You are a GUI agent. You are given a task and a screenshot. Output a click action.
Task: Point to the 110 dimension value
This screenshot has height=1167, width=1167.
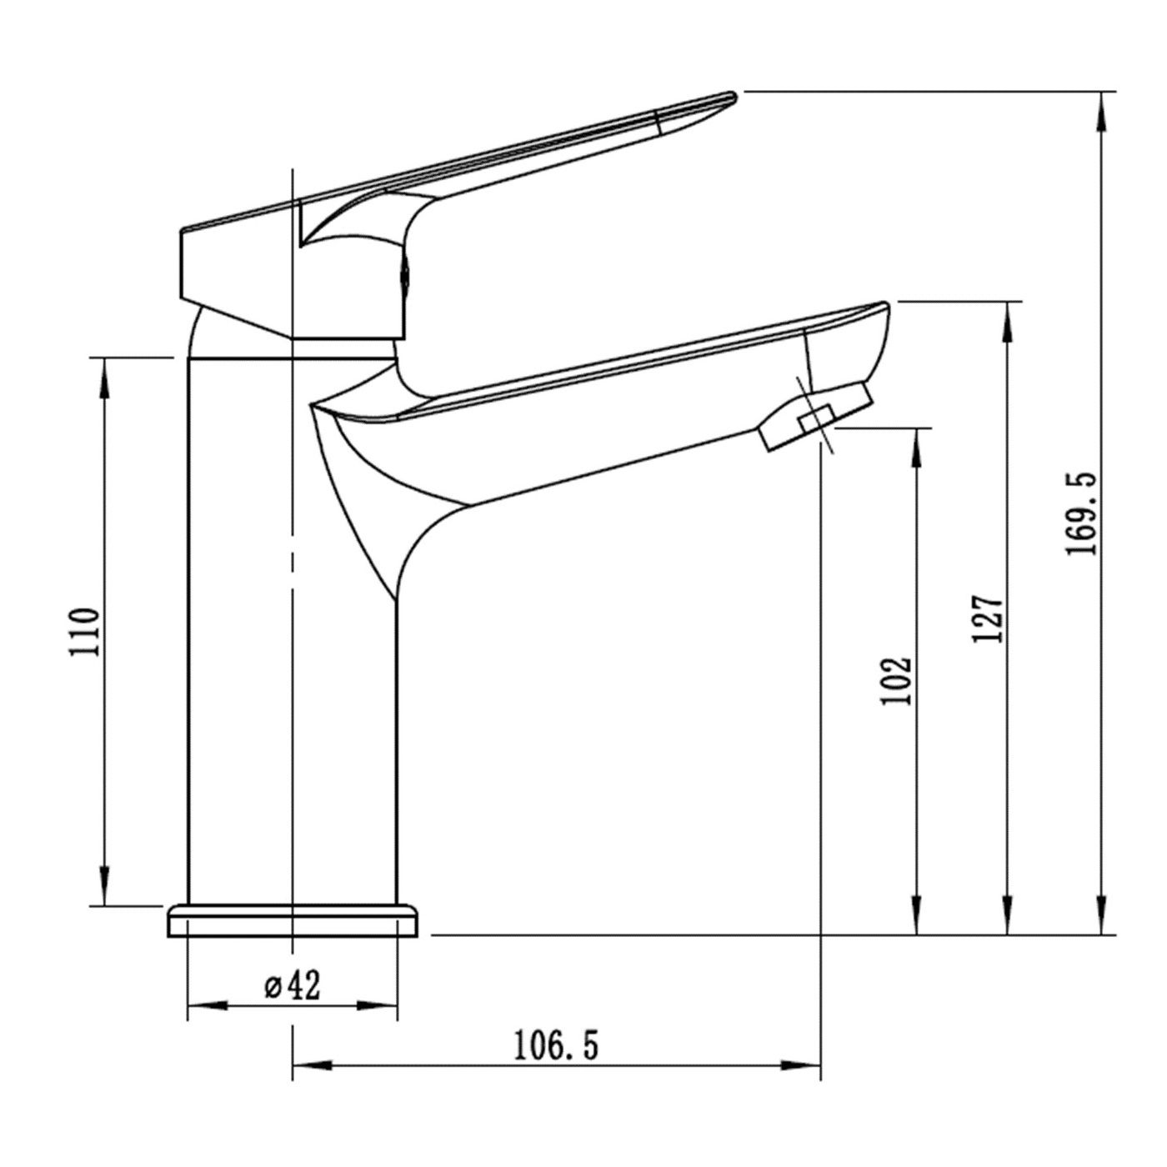pyautogui.click(x=83, y=633)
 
